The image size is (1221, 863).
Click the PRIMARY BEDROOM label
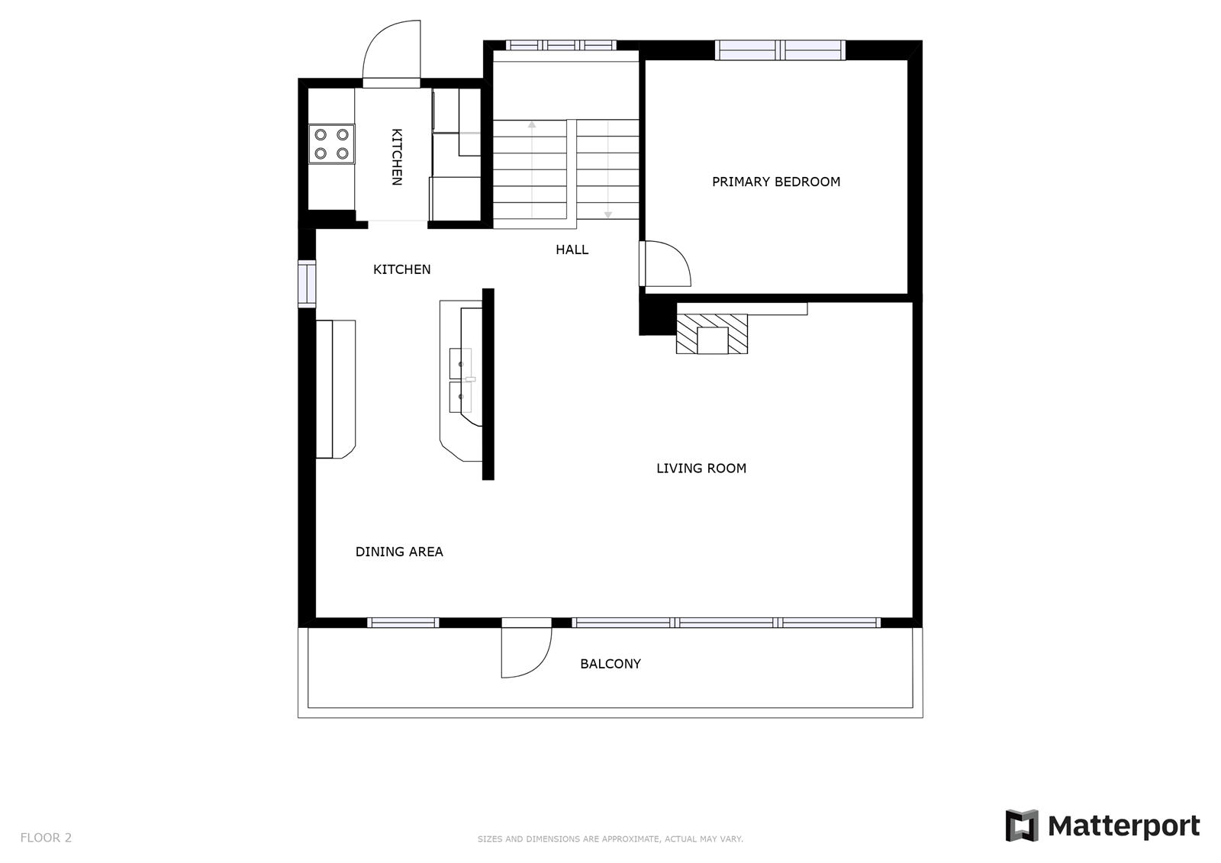pyautogui.click(x=775, y=182)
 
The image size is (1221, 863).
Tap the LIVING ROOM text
pyautogui.click(x=701, y=469)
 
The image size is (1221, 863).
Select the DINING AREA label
pyautogui.click(x=399, y=552)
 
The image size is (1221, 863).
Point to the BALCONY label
pyautogui.click(x=610, y=664)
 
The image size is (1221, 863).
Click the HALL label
pyautogui.click(x=572, y=250)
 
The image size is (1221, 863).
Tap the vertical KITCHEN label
pyautogui.click(x=397, y=156)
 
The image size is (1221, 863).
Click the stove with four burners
pyautogui.click(x=331, y=143)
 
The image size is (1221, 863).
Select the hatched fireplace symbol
pyautogui.click(x=711, y=334)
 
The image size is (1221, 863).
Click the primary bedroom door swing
pyautogui.click(x=666, y=264)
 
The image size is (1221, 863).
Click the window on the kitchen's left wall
pyautogui.click(x=306, y=283)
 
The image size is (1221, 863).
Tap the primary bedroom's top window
pyautogui.click(x=780, y=50)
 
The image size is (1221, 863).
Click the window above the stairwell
pyautogui.click(x=561, y=45)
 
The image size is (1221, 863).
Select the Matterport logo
pyautogui.click(x=1102, y=826)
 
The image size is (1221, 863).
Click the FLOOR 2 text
pyautogui.click(x=46, y=838)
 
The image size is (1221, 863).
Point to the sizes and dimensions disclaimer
pyautogui.click(x=610, y=839)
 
